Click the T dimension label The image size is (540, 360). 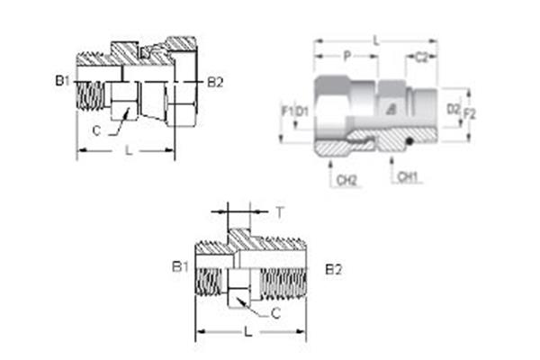point(280,213)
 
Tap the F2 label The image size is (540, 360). point(469,112)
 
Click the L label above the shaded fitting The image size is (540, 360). point(374,40)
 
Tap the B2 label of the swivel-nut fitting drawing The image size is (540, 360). point(215,82)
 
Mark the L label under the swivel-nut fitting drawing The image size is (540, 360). point(128,152)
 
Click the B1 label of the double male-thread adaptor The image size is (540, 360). point(179,267)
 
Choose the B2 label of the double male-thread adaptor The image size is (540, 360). point(333,268)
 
